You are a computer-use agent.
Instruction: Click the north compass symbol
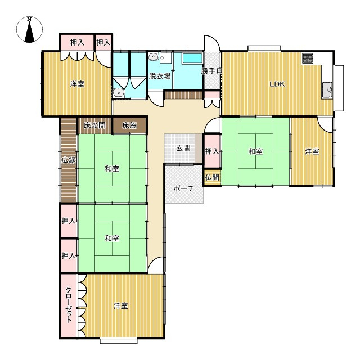(29, 30)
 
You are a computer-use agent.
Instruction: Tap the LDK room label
(277, 84)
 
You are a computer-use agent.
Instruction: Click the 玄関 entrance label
(183, 148)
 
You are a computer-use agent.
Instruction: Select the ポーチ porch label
(184, 188)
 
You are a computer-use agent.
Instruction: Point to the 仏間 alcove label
(212, 178)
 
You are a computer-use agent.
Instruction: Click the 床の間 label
(94, 125)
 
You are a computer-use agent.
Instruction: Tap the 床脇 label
(129, 125)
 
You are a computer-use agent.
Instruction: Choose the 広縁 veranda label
(69, 160)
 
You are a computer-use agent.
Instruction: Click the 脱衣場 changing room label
(160, 76)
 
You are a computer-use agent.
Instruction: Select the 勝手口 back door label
(212, 71)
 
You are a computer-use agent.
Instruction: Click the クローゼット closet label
(69, 305)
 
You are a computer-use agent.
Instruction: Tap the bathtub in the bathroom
(192, 58)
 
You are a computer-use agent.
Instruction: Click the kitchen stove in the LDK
(308, 58)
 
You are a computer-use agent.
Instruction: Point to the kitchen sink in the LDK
(327, 89)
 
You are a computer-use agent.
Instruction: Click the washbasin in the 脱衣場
(154, 56)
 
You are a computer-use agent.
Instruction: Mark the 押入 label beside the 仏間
(212, 151)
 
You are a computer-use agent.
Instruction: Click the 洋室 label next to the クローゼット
(121, 306)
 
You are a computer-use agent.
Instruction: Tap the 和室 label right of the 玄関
(255, 151)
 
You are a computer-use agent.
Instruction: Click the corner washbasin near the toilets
(119, 93)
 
